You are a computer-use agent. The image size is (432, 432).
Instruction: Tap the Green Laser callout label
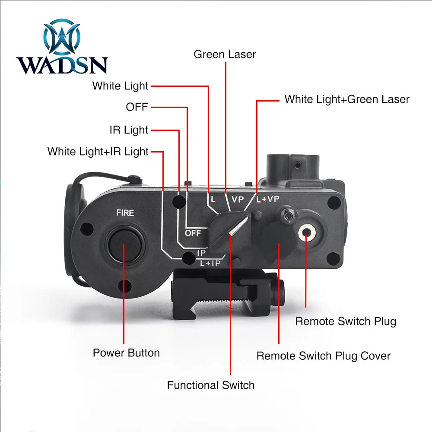pos(225,54)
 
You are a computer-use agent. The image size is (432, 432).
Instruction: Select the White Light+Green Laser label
pos(346,99)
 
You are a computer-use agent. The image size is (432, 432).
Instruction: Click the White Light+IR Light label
pos(98,152)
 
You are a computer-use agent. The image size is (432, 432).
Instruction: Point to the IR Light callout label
pos(129,130)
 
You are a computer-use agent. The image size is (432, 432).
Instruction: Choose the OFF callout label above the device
pos(137,107)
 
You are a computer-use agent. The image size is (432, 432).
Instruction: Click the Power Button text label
pos(126,353)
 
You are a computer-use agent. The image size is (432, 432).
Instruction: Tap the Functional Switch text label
pos(211,385)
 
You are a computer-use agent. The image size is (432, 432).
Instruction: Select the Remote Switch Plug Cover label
pos(323,356)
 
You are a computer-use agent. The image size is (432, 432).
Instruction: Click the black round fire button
pos(123,242)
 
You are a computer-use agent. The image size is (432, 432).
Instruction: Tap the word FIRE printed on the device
pos(125,213)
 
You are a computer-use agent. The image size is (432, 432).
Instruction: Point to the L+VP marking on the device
pos(268,200)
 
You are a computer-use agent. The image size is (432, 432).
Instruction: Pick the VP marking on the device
pos(238,200)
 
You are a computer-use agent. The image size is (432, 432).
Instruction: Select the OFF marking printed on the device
pos(193,233)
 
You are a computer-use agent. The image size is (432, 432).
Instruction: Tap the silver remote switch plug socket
pos(307,233)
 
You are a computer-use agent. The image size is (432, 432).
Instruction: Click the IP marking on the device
pos(201,253)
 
